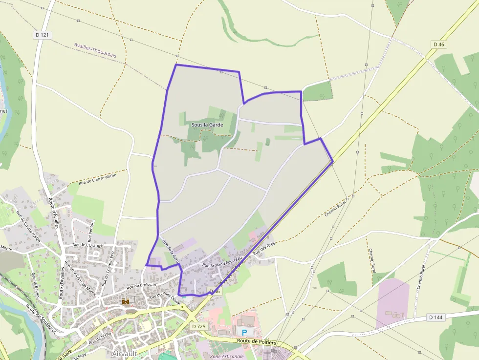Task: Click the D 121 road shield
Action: coord(43,35)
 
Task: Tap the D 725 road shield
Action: coord(198,326)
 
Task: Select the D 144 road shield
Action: coord(436,317)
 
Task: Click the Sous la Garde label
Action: coord(207,125)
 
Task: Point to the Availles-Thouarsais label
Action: coord(95,50)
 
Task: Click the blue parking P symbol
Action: coord(244,331)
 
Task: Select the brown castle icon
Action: coord(126,302)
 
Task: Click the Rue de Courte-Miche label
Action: coord(98,179)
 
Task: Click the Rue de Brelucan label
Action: coord(141,285)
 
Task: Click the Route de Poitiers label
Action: coord(257,342)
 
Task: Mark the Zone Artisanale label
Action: coord(227,357)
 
